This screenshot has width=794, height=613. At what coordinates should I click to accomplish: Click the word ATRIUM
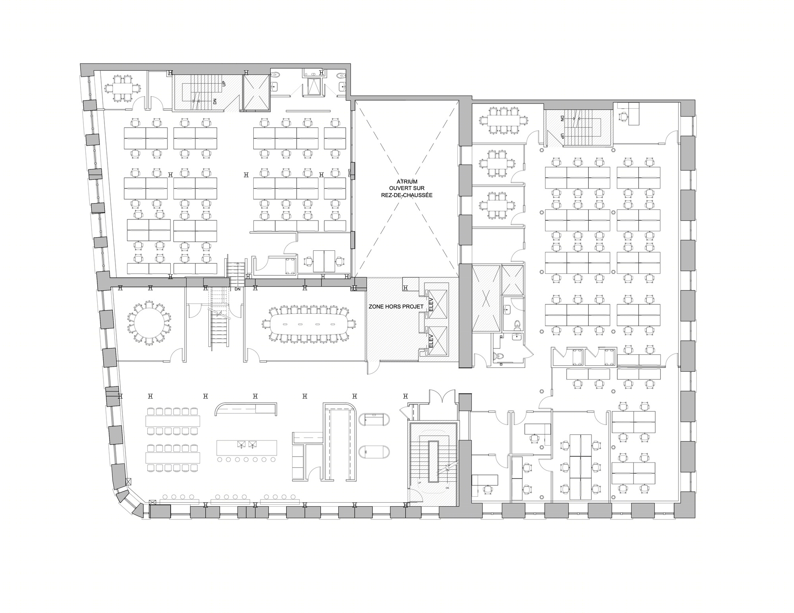point(404,181)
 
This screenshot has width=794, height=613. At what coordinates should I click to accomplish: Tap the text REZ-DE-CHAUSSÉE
point(404,195)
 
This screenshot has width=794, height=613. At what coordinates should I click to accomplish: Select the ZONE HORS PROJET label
point(396,306)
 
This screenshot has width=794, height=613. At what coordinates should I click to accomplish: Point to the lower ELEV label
point(431,341)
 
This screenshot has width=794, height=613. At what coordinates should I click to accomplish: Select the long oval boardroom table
point(308,324)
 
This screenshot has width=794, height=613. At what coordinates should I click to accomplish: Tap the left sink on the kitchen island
point(241,444)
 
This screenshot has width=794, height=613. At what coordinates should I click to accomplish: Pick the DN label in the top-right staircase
point(562,118)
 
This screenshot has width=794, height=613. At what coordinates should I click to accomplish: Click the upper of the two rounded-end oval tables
point(374,420)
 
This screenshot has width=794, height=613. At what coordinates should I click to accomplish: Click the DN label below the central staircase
point(237,289)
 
